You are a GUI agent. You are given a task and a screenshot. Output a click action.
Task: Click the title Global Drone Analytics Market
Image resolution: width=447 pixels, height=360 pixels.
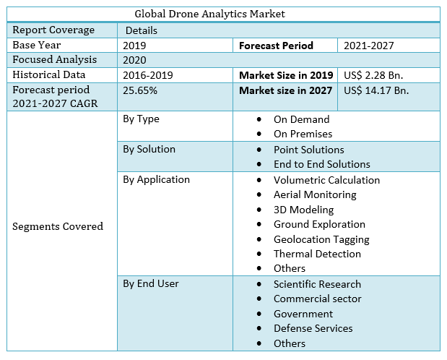click(210, 14)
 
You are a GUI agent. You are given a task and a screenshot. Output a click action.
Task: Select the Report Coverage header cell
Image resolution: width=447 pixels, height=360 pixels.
click(53, 30)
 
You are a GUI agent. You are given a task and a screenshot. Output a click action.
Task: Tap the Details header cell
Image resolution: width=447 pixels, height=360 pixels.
click(141, 30)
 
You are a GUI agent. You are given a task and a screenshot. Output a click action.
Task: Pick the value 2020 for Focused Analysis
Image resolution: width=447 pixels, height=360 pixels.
click(135, 60)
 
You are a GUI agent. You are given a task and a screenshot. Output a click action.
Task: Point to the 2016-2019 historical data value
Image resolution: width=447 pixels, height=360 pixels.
click(148, 74)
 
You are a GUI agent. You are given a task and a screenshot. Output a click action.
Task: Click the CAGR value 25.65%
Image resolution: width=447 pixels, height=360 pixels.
click(140, 90)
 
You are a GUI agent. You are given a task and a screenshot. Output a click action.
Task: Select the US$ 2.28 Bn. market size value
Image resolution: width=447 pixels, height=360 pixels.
click(373, 75)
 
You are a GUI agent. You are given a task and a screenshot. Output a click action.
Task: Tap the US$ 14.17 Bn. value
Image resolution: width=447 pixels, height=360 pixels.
click(376, 90)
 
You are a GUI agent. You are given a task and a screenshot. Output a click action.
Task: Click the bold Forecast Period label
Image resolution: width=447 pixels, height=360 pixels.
click(276, 46)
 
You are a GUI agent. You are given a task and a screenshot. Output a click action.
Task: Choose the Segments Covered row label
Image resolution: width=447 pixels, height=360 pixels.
click(58, 226)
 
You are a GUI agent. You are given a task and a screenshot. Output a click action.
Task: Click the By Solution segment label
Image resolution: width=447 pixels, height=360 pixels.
click(149, 149)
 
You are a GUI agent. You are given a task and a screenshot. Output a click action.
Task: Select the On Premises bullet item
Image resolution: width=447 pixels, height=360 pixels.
click(303, 134)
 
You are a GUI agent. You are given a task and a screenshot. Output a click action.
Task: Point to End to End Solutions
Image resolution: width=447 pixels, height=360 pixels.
click(321, 164)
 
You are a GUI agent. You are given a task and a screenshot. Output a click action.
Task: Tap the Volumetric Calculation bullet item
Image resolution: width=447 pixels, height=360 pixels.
click(326, 180)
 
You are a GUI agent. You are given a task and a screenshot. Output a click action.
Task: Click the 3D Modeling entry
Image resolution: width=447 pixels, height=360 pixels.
click(303, 210)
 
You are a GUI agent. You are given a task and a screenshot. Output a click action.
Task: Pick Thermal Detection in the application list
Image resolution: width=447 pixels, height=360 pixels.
click(317, 254)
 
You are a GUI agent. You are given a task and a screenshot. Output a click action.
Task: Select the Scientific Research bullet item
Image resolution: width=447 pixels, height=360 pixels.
click(317, 284)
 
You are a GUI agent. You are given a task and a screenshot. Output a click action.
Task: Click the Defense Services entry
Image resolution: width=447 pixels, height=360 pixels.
click(313, 328)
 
